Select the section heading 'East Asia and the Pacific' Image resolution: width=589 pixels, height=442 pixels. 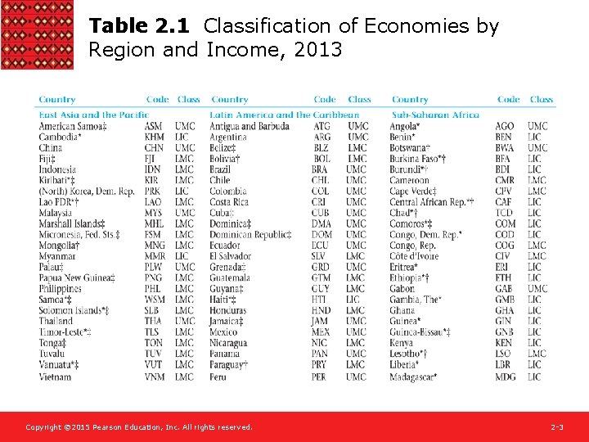93,115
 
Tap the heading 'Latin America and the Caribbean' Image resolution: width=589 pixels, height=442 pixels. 284,115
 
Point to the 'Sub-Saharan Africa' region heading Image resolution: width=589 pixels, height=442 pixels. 435,115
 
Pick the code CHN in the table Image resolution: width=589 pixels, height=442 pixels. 154,148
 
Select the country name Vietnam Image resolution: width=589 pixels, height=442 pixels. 56,377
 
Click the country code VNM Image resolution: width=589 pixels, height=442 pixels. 155,377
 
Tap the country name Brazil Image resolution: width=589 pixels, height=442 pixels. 221,169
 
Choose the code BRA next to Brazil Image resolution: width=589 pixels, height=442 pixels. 321,169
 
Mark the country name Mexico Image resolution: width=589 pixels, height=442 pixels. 223,332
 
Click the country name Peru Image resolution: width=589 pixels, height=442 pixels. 218,377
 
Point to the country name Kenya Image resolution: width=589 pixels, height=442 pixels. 402,343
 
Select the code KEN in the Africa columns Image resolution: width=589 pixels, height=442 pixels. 505,343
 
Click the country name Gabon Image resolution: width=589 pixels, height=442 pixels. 402,289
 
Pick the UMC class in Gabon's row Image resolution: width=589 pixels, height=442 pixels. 537,289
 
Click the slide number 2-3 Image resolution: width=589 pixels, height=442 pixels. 557,427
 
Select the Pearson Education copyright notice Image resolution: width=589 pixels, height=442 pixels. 139,427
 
